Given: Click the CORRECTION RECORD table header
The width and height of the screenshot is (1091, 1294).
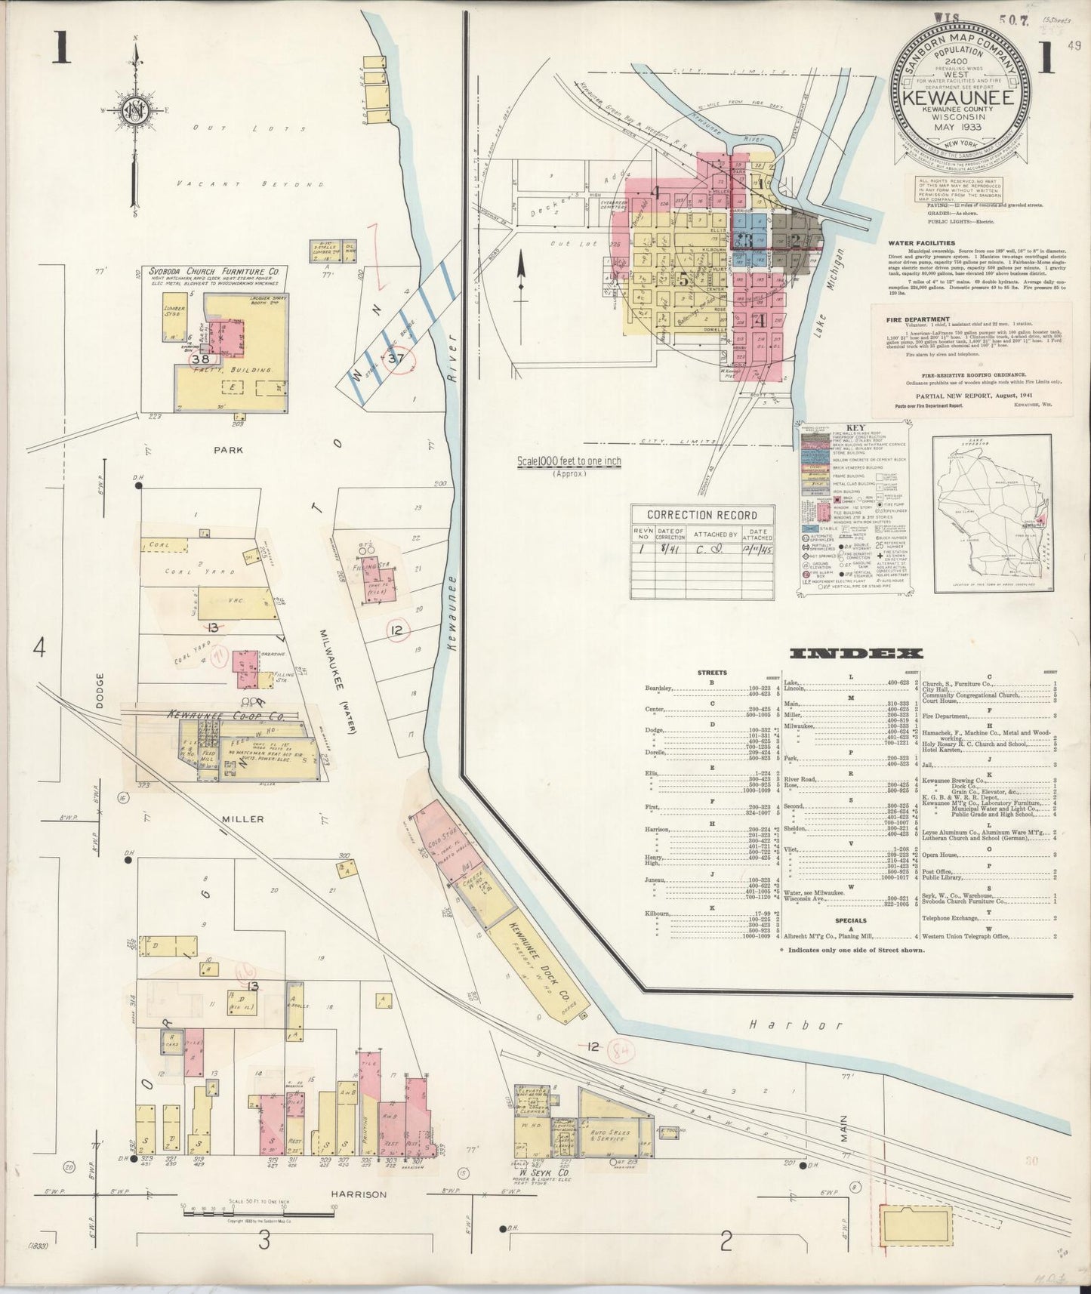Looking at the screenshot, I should tap(701, 515).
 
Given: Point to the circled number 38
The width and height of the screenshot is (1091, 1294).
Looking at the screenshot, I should tap(199, 359).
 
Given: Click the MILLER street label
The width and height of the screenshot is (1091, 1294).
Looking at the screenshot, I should tap(242, 818).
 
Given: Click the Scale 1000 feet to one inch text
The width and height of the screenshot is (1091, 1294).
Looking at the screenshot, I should tap(569, 461).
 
